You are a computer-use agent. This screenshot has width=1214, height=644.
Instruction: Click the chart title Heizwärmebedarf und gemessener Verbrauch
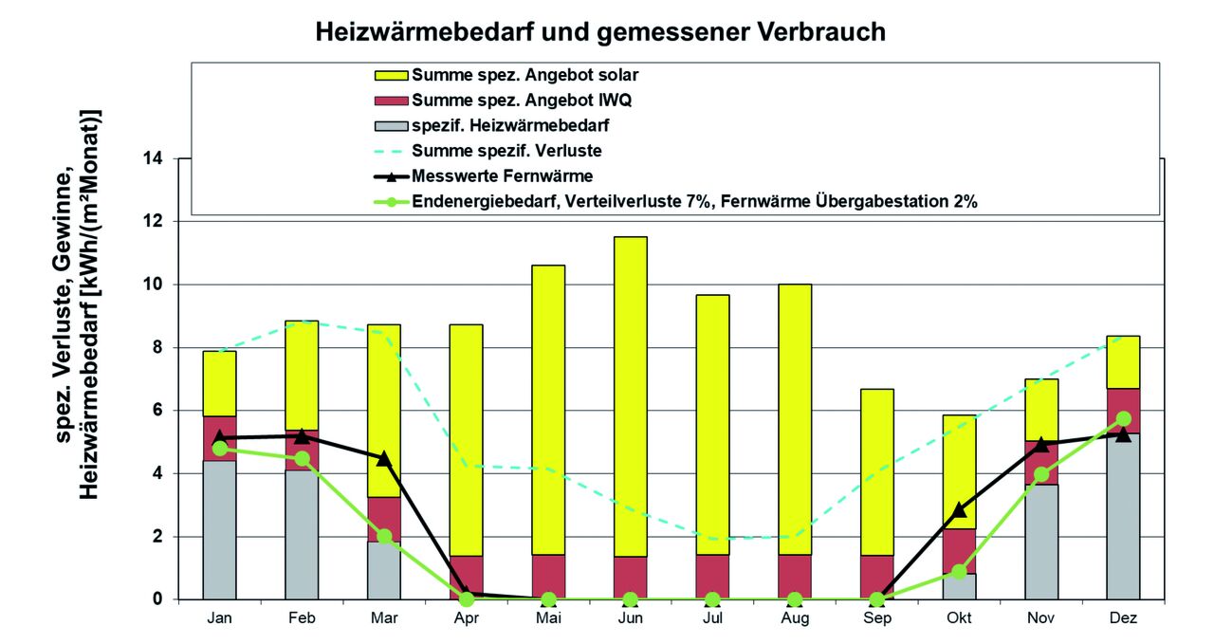[x=599, y=32]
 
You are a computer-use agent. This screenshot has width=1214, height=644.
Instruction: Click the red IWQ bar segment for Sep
[x=877, y=577]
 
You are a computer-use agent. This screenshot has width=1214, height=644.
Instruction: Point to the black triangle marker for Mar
[x=383, y=458]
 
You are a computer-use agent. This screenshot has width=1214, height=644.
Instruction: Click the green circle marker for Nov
[x=1041, y=474]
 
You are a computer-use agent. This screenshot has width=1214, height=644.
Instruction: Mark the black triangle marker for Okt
[x=959, y=509]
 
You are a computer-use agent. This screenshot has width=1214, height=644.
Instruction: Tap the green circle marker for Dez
[x=1123, y=418]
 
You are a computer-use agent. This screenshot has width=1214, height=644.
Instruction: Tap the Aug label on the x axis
[x=795, y=618]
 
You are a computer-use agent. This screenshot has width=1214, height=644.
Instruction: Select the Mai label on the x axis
[x=548, y=618]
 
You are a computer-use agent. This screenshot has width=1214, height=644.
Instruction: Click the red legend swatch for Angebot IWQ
[x=392, y=100]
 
